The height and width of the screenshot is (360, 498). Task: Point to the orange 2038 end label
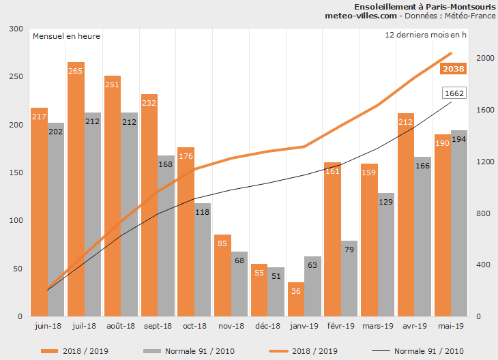click(454, 68)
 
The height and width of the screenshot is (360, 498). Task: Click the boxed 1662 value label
click(454, 93)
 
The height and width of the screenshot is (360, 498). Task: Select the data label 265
click(76, 70)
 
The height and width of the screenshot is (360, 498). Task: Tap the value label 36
click(295, 291)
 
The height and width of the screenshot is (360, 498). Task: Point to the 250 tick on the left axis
click(14, 77)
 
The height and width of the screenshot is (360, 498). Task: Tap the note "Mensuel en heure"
click(67, 36)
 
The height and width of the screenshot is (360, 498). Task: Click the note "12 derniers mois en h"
click(426, 34)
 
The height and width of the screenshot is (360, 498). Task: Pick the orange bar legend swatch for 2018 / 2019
click(49, 350)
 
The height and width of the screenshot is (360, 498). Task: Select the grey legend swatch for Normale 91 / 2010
click(151, 350)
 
